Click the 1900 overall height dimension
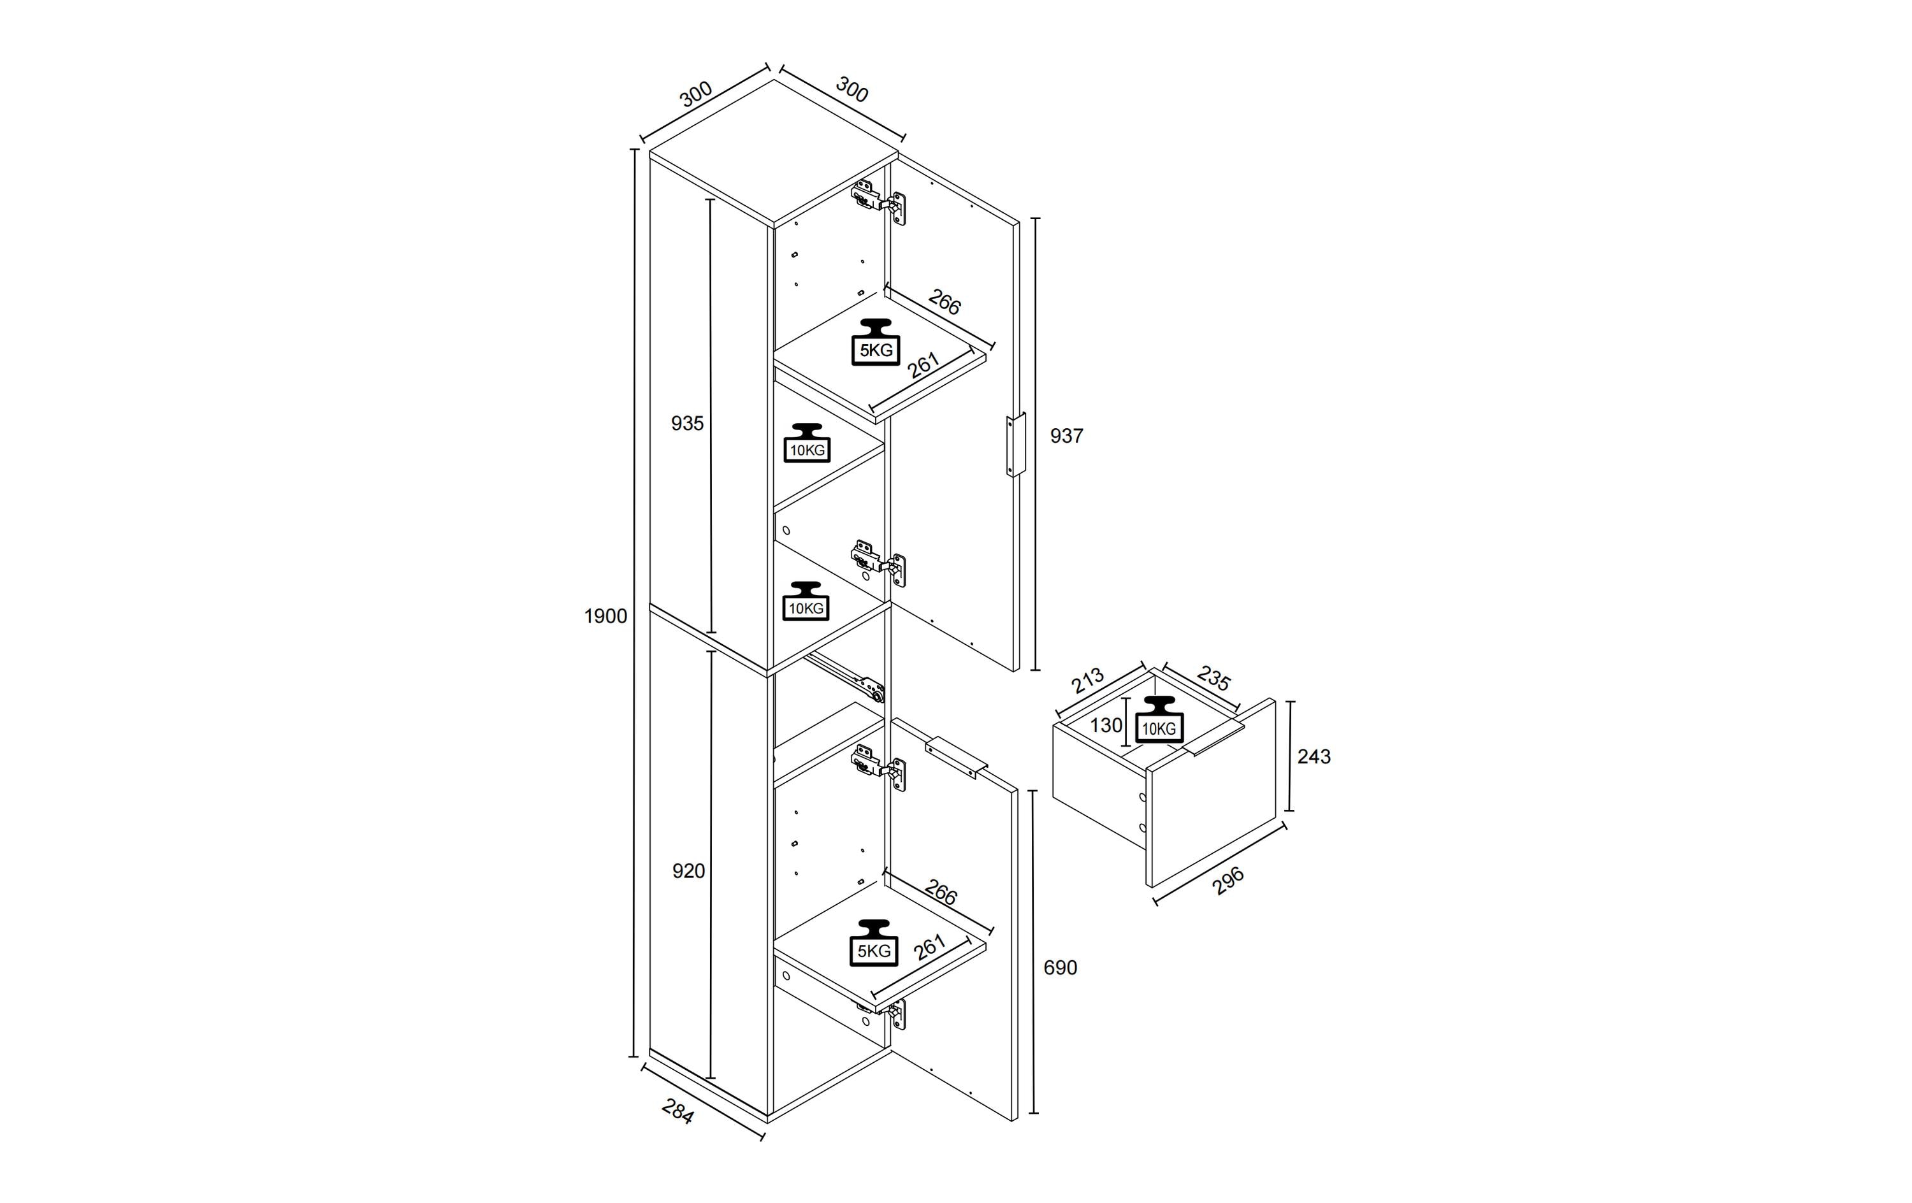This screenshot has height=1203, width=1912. [606, 616]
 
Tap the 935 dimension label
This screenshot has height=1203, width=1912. [688, 424]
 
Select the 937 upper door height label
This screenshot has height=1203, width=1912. [1066, 436]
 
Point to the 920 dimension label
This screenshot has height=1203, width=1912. [688, 871]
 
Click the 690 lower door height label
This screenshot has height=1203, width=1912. [1061, 968]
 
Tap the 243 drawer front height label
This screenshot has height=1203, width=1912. [1314, 757]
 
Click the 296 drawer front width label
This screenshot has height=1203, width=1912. [1228, 881]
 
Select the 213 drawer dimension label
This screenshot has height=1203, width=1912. [1087, 680]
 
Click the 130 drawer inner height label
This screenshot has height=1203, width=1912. [1106, 725]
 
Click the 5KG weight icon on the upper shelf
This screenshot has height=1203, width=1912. [876, 342]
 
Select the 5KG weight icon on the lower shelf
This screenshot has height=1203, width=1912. [874, 942]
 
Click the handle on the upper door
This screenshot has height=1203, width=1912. [1015, 445]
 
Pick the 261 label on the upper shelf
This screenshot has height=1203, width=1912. [923, 365]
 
